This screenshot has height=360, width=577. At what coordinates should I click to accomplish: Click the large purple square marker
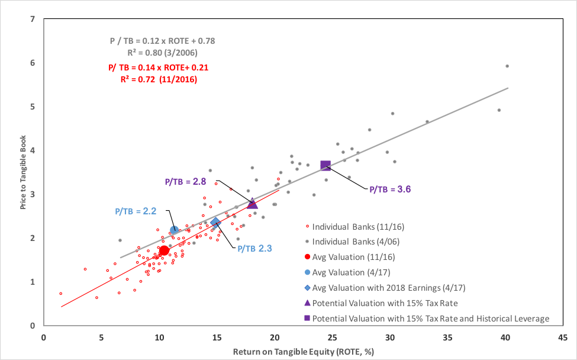[325, 165]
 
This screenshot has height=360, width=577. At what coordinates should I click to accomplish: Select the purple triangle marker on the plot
[252, 204]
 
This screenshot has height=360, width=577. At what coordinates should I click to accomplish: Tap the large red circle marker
[164, 250]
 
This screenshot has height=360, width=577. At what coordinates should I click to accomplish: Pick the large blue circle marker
[175, 230]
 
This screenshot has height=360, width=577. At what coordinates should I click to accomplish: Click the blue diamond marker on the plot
[215, 222]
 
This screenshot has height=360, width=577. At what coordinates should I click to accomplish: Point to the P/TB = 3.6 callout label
[390, 189]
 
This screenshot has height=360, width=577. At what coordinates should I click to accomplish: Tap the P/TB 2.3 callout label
[254, 249]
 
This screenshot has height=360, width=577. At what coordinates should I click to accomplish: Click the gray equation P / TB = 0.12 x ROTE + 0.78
[162, 41]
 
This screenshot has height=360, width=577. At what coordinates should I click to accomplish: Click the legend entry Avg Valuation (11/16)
[353, 257]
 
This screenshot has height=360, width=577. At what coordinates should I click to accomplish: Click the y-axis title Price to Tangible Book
[22, 172]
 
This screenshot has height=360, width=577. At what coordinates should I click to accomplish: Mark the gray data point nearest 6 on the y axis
[507, 66]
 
